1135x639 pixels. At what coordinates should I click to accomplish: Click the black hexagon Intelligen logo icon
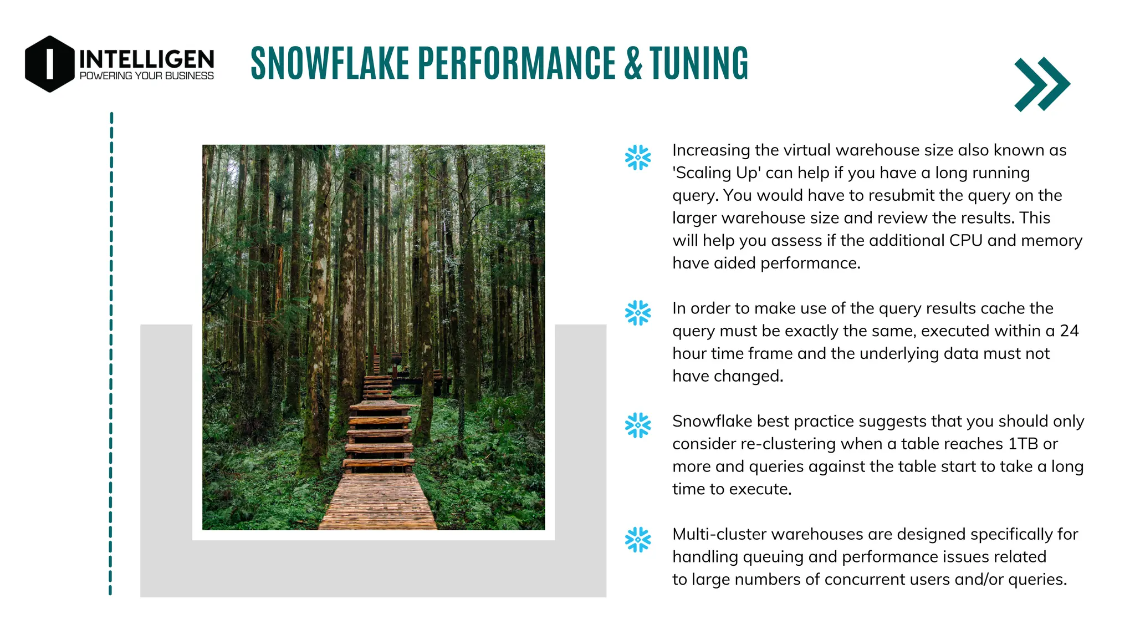click(x=49, y=64)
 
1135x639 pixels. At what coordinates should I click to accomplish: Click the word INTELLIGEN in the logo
click(x=146, y=59)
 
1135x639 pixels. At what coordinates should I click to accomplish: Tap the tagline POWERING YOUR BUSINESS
click(x=146, y=76)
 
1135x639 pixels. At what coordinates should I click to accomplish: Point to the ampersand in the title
click(x=633, y=63)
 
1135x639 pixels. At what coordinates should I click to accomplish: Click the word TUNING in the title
click(x=699, y=63)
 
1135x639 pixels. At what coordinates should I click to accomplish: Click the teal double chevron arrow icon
click(x=1042, y=84)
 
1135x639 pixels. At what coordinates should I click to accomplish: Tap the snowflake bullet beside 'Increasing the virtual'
click(x=637, y=158)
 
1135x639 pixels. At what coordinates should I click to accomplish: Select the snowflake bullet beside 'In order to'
click(x=637, y=313)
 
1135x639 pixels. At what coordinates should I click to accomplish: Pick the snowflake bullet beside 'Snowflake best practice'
click(x=637, y=425)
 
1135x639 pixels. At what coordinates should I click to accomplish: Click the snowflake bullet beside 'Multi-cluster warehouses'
click(x=637, y=539)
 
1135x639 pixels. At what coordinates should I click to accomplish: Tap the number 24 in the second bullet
click(x=1069, y=331)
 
